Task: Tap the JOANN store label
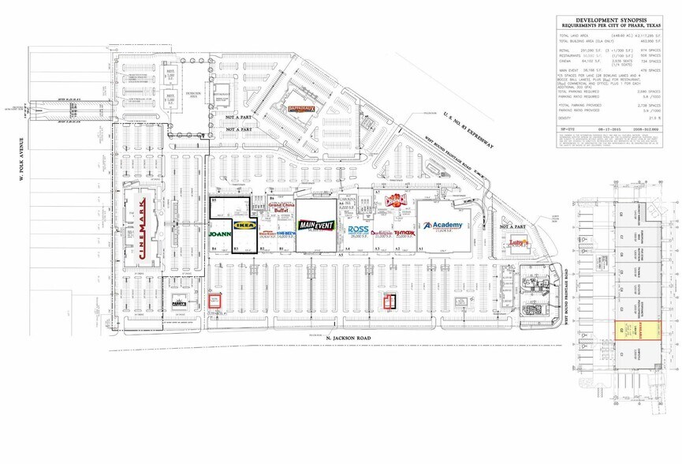(x=218, y=234)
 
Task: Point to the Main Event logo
(x=315, y=225)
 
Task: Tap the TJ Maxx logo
(x=404, y=233)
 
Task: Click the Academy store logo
(x=442, y=226)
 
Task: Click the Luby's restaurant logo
(x=518, y=242)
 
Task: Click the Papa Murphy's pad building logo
(x=180, y=303)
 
